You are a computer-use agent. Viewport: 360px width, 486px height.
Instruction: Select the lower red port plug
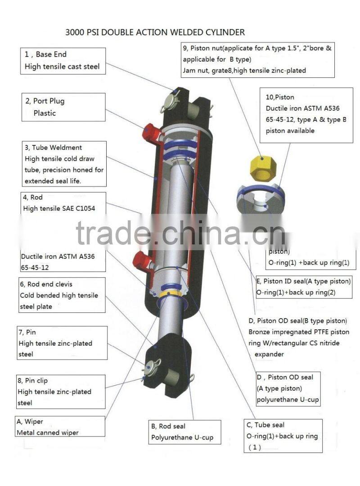pyautogui.click(x=144, y=260)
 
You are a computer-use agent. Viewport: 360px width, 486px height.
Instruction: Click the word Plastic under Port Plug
pyautogui.click(x=45, y=113)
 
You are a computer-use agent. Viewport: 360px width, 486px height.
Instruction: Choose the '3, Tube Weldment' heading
pyautogui.click(x=53, y=148)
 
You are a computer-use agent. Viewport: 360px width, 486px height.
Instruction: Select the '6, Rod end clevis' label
pyautogui.click(x=45, y=284)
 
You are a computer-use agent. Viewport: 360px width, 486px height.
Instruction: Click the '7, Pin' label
pyautogui.click(x=27, y=332)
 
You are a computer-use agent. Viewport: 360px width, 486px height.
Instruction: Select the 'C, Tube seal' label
pyautogui.click(x=265, y=425)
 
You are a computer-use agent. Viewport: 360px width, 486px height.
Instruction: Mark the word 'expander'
pyautogui.click(x=269, y=354)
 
